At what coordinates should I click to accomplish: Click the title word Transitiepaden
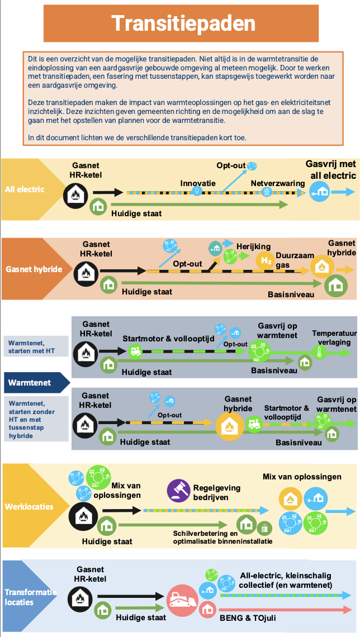(183, 23)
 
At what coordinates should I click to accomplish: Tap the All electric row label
(25, 189)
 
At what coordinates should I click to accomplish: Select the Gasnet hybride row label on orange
(34, 269)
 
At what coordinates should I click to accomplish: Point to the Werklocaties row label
(29, 507)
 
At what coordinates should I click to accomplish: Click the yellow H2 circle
(266, 260)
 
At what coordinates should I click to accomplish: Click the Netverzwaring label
(278, 183)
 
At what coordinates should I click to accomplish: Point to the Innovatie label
(198, 183)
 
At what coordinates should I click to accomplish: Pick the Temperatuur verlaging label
(331, 337)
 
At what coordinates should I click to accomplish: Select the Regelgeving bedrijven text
(217, 492)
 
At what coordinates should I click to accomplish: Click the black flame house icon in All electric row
(75, 196)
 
